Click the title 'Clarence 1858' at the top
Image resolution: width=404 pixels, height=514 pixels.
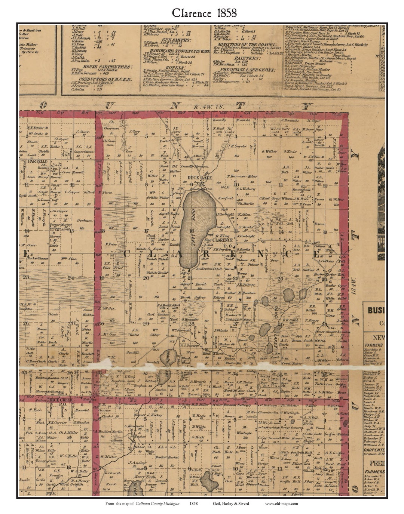click(x=204, y=13)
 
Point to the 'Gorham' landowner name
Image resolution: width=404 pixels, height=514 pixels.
click(x=85, y=221)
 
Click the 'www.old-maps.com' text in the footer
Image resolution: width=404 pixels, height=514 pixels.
click(x=281, y=503)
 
